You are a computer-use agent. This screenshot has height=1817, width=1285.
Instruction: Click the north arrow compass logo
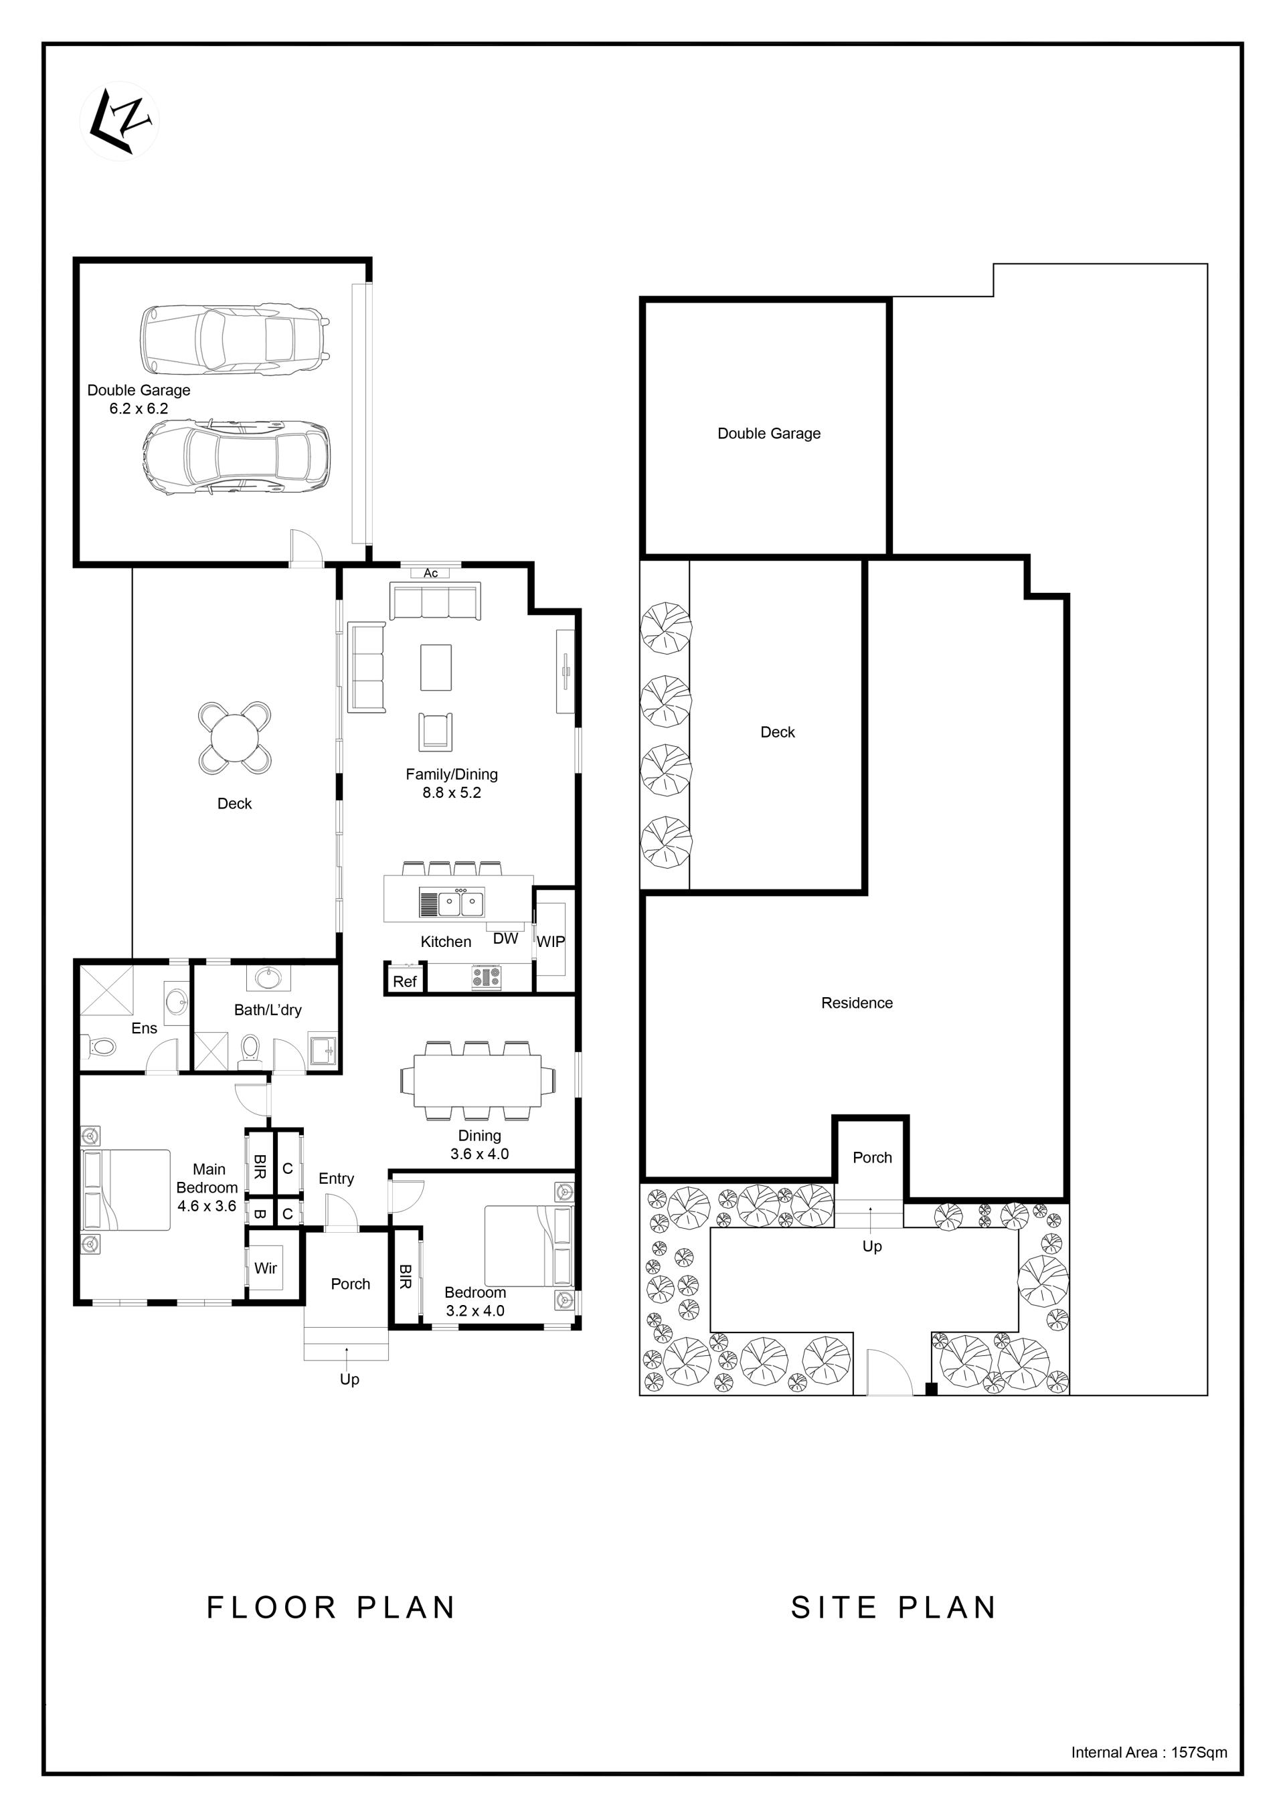point(120,121)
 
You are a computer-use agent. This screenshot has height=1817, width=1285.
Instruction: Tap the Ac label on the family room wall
point(430,573)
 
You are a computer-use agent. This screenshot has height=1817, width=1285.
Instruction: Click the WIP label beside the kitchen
point(551,942)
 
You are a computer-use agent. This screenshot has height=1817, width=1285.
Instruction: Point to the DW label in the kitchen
point(505,938)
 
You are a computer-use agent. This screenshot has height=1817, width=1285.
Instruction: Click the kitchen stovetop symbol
point(487,977)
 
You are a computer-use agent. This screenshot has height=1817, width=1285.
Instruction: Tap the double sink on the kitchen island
point(461,903)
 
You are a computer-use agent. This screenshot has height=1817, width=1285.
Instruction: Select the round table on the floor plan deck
point(234,738)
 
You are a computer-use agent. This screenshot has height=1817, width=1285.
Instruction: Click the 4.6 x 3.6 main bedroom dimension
point(207,1206)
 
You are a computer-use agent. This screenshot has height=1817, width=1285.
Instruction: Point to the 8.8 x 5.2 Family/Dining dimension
point(452,792)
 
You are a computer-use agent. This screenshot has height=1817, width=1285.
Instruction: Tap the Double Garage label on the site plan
point(769,433)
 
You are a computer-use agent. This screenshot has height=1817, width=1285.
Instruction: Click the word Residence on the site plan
point(857,1003)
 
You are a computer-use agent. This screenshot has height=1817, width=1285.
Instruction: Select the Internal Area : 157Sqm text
point(1149,1752)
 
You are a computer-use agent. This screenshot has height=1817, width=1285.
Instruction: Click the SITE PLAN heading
point(893,1608)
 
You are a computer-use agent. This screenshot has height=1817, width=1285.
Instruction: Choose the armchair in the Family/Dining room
point(435,731)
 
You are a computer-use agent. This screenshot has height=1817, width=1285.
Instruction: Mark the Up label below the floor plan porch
point(350,1379)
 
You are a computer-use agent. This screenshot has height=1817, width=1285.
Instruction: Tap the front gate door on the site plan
point(889,1371)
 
